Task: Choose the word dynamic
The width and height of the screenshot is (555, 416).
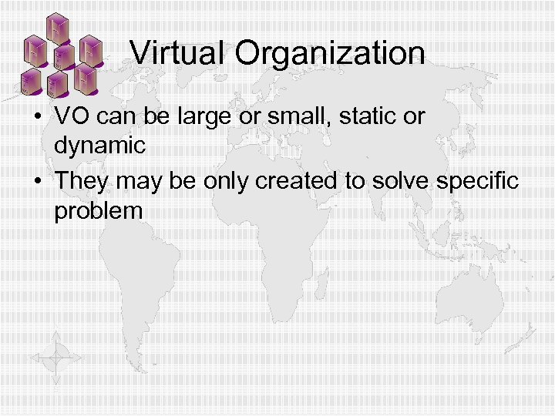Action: click(99, 146)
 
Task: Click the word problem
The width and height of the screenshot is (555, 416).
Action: click(99, 211)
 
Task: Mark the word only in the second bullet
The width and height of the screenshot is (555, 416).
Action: click(229, 182)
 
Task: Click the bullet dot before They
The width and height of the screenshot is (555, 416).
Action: click(35, 182)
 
